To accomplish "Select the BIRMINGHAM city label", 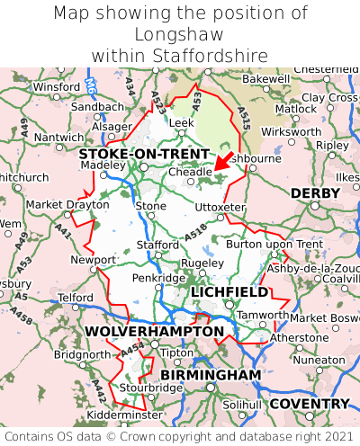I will (211, 374).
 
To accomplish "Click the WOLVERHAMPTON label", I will (154, 332).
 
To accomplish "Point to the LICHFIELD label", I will (229, 292).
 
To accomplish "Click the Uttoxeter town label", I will (220, 207).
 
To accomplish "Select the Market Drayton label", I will (67, 205).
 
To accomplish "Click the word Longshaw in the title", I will (179, 34).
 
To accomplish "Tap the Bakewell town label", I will (266, 79).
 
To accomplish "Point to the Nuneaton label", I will (319, 360).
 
